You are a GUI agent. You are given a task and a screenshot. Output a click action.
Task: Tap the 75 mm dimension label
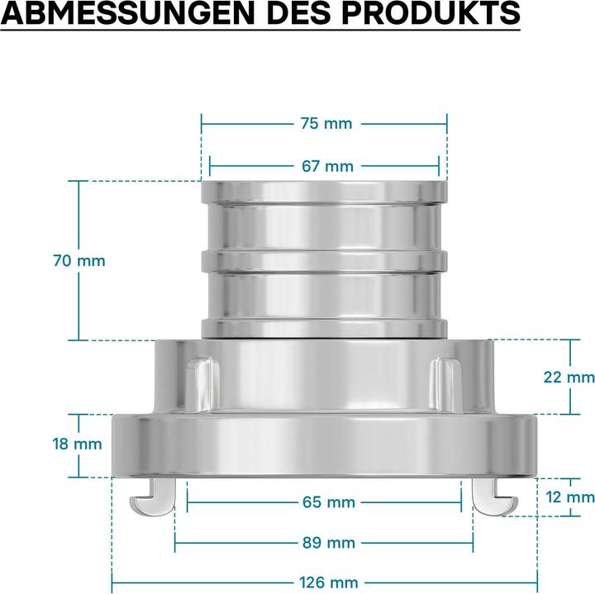pyautogui.click(x=326, y=124)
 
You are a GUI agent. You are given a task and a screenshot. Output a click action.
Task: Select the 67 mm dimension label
pyautogui.click(x=326, y=166)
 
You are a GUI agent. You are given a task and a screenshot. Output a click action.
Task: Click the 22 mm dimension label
pyautogui.click(x=569, y=377)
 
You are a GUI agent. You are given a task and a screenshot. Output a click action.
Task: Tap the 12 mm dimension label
pyautogui.click(x=569, y=497)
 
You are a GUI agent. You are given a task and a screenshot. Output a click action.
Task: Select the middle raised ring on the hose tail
pyautogui.click(x=324, y=261)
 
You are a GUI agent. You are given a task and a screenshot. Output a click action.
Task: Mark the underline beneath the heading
pyautogui.click(x=259, y=31)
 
